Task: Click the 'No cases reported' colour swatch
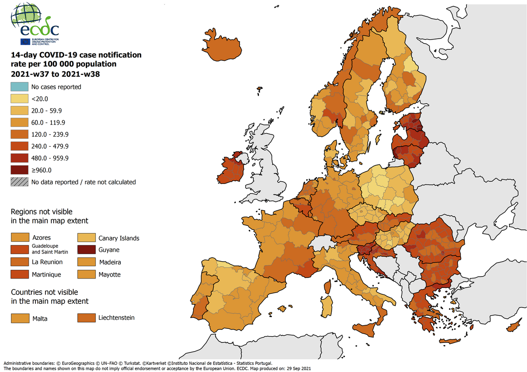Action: coord(20,86)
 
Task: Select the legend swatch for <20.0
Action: coord(20,99)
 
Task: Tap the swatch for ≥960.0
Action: coord(20,170)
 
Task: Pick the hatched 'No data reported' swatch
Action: coord(20,182)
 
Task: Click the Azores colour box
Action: coord(20,238)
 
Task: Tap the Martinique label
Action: coord(46,274)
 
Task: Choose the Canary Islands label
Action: coord(119,238)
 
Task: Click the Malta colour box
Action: coord(20,318)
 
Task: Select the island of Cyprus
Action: coord(514,325)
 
